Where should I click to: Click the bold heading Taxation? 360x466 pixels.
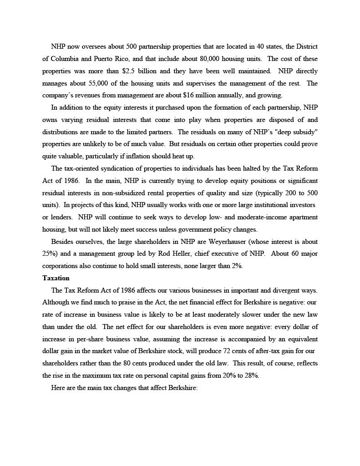coord(56,278)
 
